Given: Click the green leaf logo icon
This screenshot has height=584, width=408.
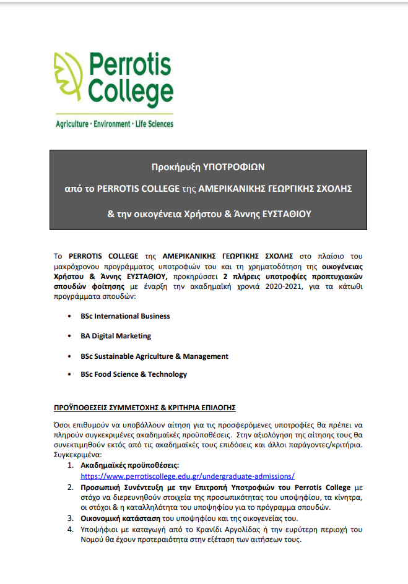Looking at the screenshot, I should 69,80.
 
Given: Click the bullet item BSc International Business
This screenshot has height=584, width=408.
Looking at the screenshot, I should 125,316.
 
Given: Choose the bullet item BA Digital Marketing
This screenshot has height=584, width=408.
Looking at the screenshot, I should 116,336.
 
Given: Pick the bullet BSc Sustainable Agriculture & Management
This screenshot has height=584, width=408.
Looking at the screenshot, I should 154,356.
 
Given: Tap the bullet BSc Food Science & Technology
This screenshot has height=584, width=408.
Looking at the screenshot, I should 134,374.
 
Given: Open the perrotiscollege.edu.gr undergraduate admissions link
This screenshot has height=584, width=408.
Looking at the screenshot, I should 188,476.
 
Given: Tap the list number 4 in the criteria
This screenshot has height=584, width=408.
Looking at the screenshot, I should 69,530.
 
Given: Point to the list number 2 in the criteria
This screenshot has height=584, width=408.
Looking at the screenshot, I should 69,487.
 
